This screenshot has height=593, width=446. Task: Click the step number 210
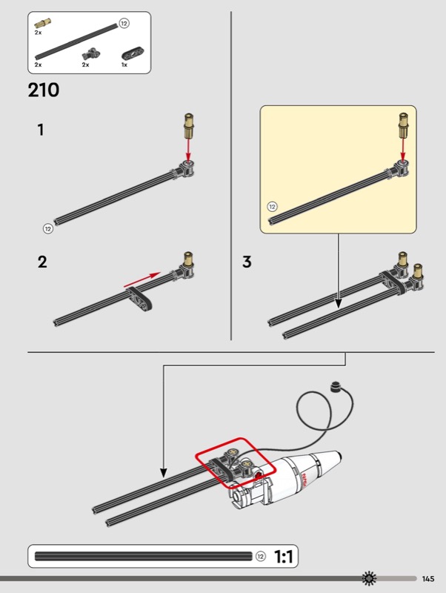(44, 90)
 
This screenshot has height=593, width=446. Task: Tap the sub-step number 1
(41, 130)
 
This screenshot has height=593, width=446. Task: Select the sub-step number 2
(42, 262)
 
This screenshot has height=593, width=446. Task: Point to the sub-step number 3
(247, 262)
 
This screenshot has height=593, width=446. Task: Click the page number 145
(428, 579)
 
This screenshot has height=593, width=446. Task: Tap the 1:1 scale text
(283, 557)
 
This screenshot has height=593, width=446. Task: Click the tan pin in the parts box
(43, 23)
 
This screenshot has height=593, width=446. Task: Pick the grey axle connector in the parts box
(92, 53)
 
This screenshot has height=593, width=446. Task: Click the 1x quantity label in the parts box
(124, 64)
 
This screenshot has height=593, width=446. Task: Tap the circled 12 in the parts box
(124, 24)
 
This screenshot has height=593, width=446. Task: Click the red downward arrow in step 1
(188, 150)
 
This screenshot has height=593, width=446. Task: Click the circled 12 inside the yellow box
(272, 207)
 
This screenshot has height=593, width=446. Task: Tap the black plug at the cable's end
(336, 386)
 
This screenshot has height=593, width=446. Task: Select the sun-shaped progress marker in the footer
(369, 578)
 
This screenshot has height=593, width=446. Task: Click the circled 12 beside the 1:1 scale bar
(261, 557)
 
